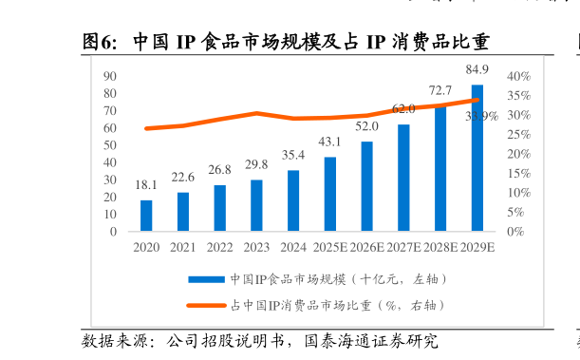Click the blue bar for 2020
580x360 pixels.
(x=146, y=216)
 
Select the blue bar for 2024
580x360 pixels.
(x=293, y=200)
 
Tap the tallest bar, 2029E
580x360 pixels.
(x=477, y=158)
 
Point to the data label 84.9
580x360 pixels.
(x=477, y=69)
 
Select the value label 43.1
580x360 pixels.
(x=329, y=142)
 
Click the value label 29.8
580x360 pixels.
(x=256, y=164)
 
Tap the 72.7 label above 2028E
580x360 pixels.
(x=440, y=90)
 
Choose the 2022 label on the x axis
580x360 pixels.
(x=219, y=247)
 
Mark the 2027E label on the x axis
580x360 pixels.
(x=403, y=247)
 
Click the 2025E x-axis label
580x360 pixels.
(x=329, y=247)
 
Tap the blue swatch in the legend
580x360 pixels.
(x=205, y=279)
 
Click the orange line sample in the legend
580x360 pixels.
(x=205, y=305)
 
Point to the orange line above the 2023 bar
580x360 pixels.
(x=256, y=113)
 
